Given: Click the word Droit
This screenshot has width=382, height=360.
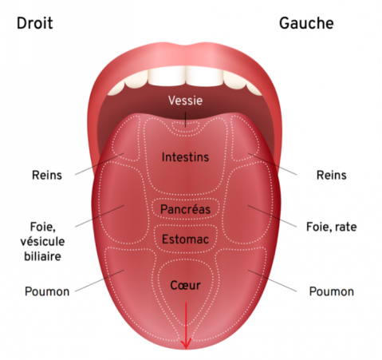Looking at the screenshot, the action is [x=35, y=23].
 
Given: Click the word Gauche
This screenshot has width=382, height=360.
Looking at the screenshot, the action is [x=306, y=23].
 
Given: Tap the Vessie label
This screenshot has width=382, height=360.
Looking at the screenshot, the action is [x=185, y=101].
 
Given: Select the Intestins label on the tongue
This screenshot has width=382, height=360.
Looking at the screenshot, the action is [x=185, y=156].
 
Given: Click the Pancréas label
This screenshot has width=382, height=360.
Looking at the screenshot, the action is [x=185, y=209].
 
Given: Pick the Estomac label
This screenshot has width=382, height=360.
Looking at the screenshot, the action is [x=185, y=239].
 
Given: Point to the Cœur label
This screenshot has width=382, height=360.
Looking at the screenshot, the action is [x=185, y=285].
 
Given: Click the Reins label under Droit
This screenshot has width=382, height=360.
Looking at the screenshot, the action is [x=47, y=175].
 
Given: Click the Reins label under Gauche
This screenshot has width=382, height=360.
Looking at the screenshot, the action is [x=332, y=175].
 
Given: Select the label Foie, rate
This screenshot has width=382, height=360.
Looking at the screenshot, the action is [x=332, y=227].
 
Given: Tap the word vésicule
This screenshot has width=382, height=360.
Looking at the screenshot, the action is [x=42, y=241].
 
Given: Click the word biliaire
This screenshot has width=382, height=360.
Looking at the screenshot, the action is [x=42, y=256].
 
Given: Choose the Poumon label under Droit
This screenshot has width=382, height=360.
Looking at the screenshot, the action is [x=47, y=291].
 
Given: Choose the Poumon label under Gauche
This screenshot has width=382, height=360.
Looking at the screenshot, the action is [x=332, y=291].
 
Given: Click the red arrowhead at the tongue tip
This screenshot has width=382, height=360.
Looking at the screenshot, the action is [x=186, y=344].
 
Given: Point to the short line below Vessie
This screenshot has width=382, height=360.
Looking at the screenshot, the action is [x=186, y=120].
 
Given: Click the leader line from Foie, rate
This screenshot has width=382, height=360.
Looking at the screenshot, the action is [x=272, y=216].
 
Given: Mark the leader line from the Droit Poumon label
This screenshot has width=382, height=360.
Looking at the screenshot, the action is [x=100, y=281].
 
